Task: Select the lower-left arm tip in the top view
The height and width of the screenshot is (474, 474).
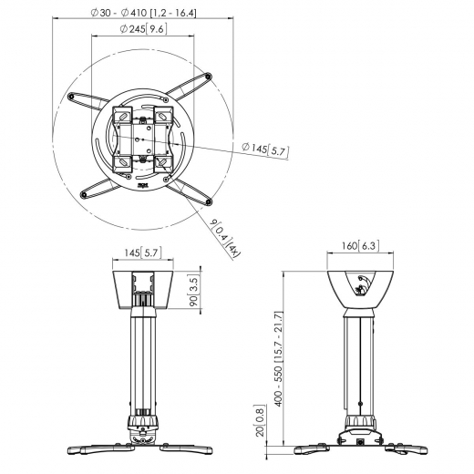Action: coord(85,194)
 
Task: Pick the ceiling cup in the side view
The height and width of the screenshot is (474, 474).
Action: coord(362,284)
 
